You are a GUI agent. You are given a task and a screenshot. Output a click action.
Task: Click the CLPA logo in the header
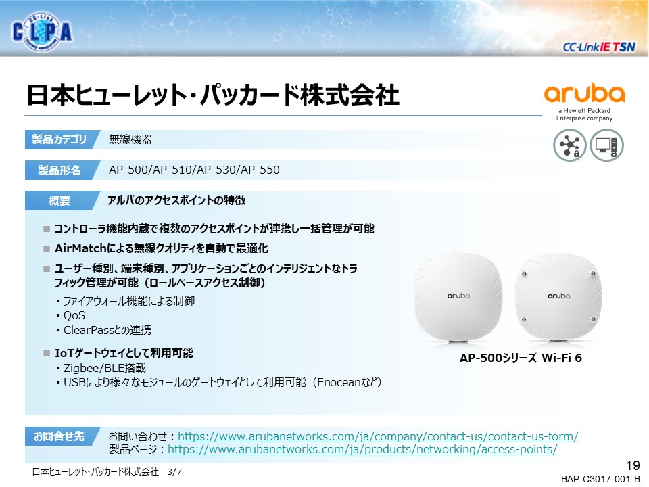coord(42,32)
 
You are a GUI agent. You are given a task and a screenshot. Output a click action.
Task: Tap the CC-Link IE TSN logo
coord(598,47)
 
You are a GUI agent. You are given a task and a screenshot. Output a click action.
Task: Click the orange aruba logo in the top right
coord(584,93)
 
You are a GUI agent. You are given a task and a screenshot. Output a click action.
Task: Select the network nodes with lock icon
coord(569,145)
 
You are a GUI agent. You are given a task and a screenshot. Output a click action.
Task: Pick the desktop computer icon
coord(606,145)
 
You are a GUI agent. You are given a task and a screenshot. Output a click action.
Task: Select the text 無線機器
coord(130,139)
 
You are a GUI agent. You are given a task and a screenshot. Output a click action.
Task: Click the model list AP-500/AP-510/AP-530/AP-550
coord(194,170)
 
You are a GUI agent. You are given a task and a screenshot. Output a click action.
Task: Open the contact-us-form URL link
coord(378,436)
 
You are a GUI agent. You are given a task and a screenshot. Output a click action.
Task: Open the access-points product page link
coord(362,449)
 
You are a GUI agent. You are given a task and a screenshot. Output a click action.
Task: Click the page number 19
coord(633,465)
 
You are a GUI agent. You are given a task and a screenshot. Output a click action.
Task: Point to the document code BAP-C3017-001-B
coord(600,479)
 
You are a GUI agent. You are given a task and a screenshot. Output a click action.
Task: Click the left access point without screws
coord(458,298)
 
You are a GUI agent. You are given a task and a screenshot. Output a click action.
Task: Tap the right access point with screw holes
coord(558,298)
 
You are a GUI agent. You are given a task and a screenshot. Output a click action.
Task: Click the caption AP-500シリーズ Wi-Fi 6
coord(521,358)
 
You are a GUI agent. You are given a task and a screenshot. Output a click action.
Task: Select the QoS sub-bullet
coord(74,316)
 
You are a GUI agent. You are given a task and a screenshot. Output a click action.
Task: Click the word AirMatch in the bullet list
coord(80,248)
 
